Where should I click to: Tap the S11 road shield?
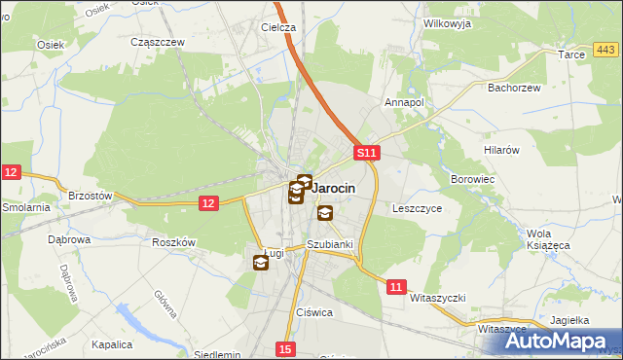tap(365, 154)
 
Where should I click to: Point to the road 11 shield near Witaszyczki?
tap(395, 287)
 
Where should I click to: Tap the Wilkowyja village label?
tap(447, 21)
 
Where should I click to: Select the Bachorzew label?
tap(513, 87)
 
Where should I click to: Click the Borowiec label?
tap(474, 180)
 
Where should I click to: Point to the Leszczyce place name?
tap(417, 208)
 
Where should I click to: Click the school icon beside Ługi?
tap(261, 262)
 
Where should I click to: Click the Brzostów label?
tap(92, 196)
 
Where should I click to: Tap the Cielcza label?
tap(278, 28)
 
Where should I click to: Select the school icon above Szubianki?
tap(324, 213)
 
